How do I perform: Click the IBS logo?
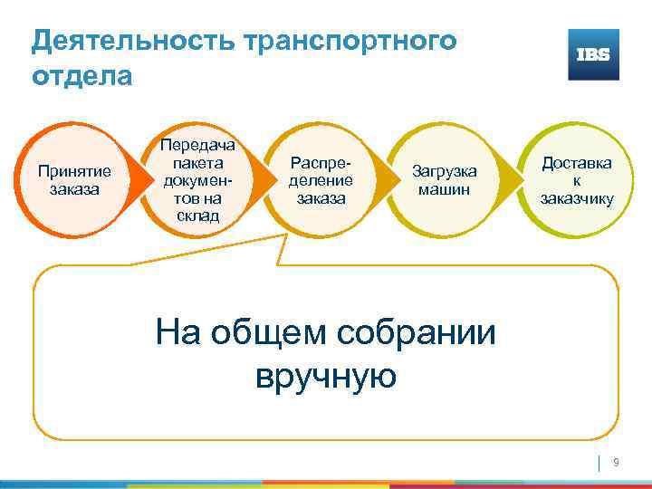[593, 54]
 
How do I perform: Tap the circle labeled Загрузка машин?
[444, 179]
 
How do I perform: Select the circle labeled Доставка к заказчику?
[576, 179]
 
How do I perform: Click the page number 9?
[616, 463]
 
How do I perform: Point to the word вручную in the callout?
[326, 374]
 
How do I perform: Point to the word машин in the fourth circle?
[444, 188]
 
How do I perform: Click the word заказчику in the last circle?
[576, 198]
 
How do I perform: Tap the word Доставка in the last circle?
[576, 162]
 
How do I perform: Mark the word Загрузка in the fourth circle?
[444, 170]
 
